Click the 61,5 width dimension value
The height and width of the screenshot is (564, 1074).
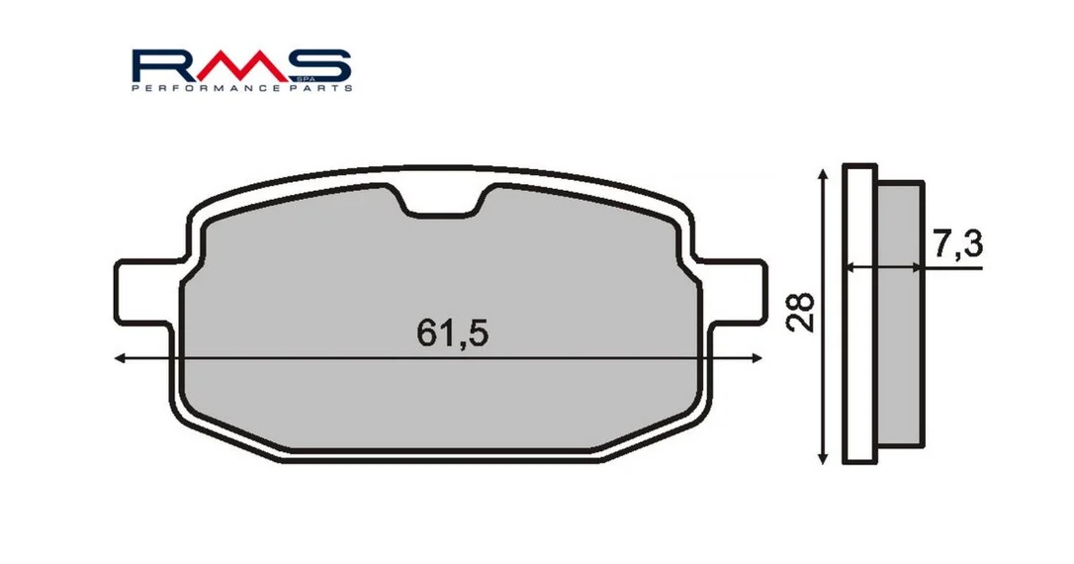pyautogui.click(x=452, y=333)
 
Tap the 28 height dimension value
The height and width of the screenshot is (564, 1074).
pyautogui.click(x=801, y=313)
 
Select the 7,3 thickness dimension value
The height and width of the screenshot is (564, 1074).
pyautogui.click(x=957, y=244)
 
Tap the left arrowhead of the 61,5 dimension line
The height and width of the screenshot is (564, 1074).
pyautogui.click(x=121, y=358)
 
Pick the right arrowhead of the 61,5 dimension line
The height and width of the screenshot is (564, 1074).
pyautogui.click(x=757, y=358)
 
